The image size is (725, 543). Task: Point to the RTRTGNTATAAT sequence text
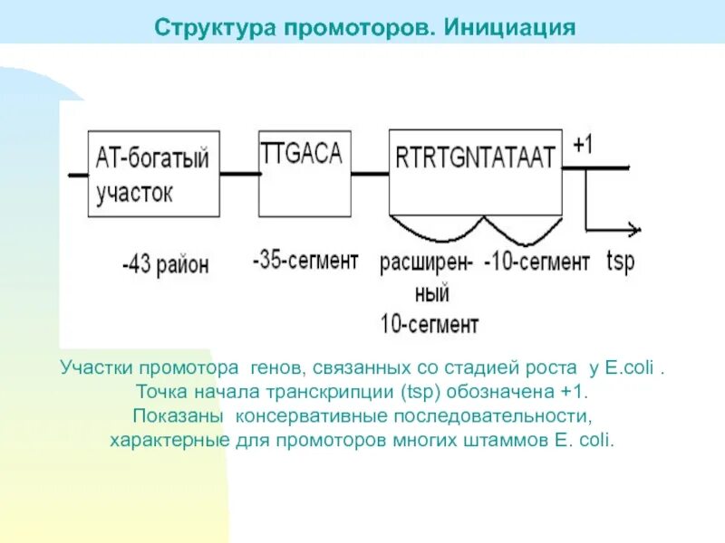[x=475, y=158]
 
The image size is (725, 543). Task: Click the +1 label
[x=585, y=145]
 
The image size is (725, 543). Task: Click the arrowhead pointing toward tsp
[x=634, y=231]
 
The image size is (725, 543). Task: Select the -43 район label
[x=166, y=265]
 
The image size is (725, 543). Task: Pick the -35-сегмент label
[x=305, y=262]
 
